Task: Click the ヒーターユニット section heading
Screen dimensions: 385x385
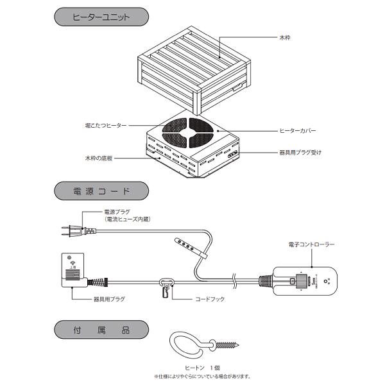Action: pos(100,16)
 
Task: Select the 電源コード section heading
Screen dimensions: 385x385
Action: pos(100,191)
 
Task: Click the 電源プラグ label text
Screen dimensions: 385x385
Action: pos(117,212)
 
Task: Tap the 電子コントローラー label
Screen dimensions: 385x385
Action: pos(312,244)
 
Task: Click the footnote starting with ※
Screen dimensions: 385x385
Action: pos(201,377)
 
